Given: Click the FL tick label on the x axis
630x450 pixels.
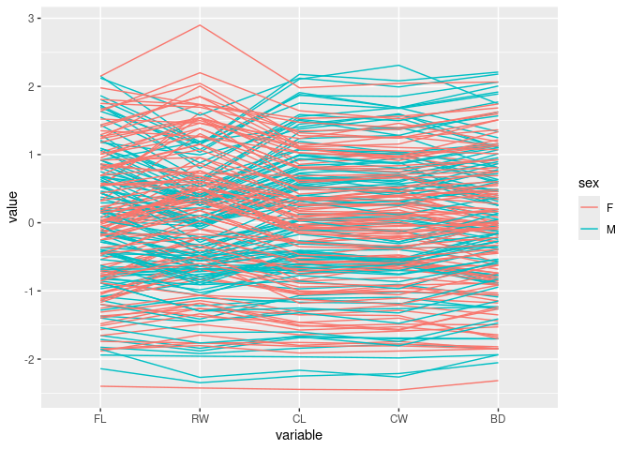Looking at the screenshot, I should pyautogui.click(x=100, y=419).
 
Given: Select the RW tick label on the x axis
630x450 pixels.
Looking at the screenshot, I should pyautogui.click(x=200, y=419).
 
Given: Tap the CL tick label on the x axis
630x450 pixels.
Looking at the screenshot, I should pyautogui.click(x=299, y=419).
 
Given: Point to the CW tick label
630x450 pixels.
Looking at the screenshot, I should pyautogui.click(x=398, y=419).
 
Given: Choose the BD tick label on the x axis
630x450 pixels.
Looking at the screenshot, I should pyautogui.click(x=498, y=419).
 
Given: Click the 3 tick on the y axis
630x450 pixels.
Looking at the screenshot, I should pyautogui.click(x=32, y=19).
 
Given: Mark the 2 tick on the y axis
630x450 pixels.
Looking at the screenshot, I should pyautogui.click(x=32, y=87).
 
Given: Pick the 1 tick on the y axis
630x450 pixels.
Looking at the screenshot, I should pyautogui.click(x=32, y=155).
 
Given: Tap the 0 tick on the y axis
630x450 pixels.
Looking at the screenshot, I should pyautogui.click(x=32, y=223).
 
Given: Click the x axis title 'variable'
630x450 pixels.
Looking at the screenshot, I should pyautogui.click(x=299, y=436).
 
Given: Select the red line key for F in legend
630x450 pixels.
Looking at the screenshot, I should pyautogui.click(x=589, y=208).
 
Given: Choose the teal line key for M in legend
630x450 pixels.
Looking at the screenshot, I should pyautogui.click(x=589, y=230).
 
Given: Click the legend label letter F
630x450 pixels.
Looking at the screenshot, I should pyautogui.click(x=609, y=208).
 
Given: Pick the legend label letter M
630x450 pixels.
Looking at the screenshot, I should pyautogui.click(x=610, y=230).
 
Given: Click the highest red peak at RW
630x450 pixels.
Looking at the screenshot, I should pyautogui.click(x=200, y=25).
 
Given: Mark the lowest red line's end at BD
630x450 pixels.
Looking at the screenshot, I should pyautogui.click(x=498, y=380).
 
